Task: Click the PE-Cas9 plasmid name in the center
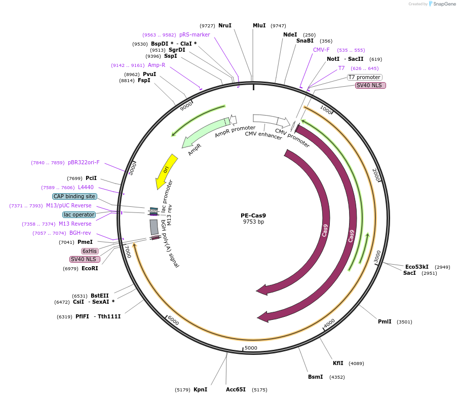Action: pos(253,215)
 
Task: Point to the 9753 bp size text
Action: pos(253,222)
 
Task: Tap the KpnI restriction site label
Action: pos(200,390)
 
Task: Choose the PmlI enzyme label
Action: pos(385,322)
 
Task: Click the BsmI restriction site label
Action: pos(315,377)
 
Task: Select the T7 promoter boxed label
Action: pos(364,77)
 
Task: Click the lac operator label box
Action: pos(79,214)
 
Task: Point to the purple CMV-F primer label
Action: pos(321,50)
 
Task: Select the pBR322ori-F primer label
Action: pos(84,163)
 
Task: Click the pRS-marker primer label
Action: pos(195,35)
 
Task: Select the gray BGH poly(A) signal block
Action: pos(154,227)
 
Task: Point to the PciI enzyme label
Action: pos(91,178)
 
